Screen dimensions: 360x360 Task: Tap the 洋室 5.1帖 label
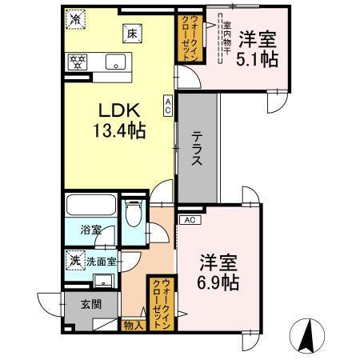click(258, 49)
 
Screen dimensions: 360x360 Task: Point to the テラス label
click(196, 147)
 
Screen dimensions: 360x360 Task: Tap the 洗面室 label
click(101, 260)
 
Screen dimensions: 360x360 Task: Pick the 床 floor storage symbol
click(129, 33)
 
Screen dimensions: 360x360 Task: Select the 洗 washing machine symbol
click(74, 260)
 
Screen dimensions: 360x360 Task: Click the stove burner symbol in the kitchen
click(78, 60)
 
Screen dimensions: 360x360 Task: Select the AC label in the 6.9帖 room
click(190, 219)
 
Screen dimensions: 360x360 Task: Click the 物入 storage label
click(133, 325)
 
